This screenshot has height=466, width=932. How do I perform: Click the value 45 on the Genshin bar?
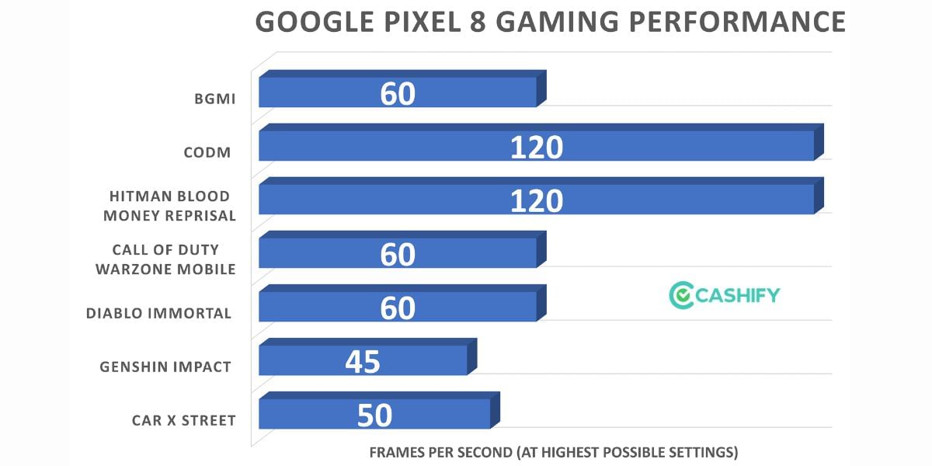362,361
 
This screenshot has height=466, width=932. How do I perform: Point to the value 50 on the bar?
374,416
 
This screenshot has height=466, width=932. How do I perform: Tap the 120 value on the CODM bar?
536,147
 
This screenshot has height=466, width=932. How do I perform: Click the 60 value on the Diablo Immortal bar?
398,308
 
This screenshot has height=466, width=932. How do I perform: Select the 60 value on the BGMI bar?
398,93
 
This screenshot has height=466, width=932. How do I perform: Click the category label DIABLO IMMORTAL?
158,314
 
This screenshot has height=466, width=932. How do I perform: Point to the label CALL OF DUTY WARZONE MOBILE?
165,259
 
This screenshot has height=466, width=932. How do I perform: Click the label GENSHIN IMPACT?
165,367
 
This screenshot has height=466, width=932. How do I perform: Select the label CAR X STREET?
183,421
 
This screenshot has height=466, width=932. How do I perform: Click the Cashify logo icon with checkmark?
680,295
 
